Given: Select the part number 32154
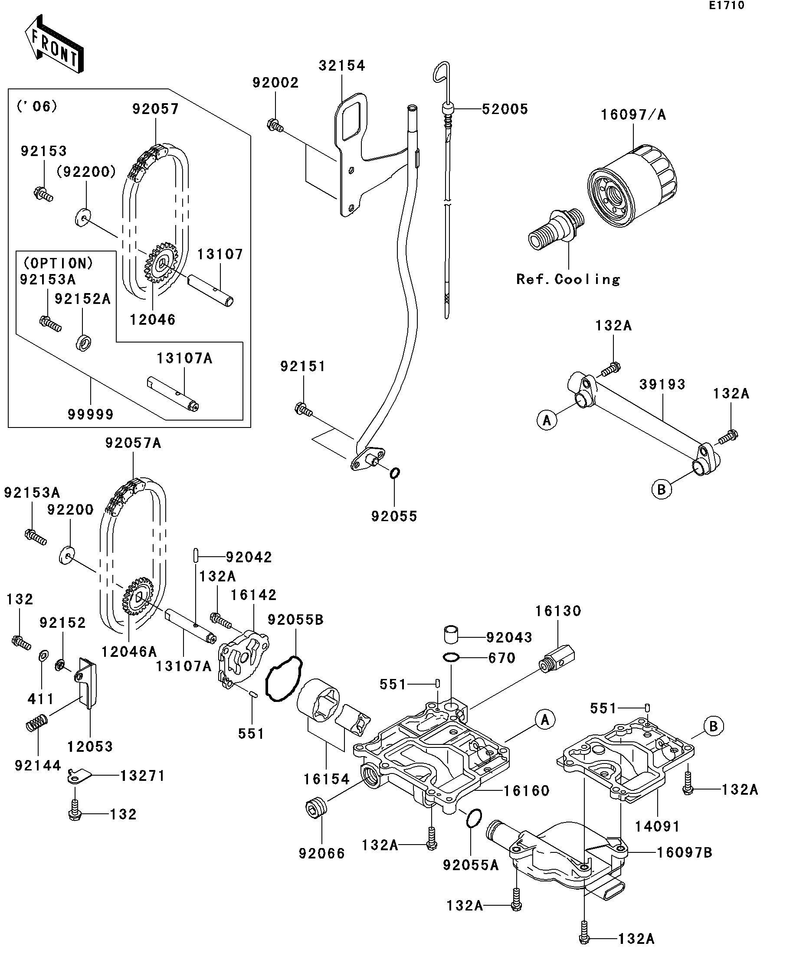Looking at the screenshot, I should coord(341,66).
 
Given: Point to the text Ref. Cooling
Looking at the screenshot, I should coord(568,279).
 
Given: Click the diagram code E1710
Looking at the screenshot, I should coord(726,6).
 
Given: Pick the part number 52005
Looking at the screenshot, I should coord(505,109).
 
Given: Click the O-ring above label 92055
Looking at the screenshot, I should coord(394,473).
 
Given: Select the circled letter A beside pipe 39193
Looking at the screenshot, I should coord(547,420).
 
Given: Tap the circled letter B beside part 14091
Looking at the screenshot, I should coord(713,726).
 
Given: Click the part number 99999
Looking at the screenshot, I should coord(90,414).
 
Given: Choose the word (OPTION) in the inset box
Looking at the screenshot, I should coord(58,264).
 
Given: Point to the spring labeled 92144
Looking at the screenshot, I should coord(36,723).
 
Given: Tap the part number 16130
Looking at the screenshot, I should coord(558,611).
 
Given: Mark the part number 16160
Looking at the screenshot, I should coord(526,791).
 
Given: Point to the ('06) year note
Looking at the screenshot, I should coord(37,107).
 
